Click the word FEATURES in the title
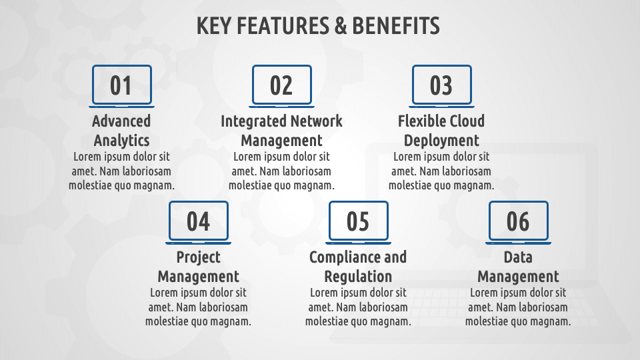click(x=283, y=26)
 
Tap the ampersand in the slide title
click(x=341, y=26)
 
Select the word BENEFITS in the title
click(x=396, y=26)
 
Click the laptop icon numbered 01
click(x=121, y=86)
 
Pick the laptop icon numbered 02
click(x=281, y=86)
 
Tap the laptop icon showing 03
click(x=441, y=86)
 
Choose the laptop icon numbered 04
click(x=199, y=223)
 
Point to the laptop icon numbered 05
click(x=359, y=223)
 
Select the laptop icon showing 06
click(x=519, y=223)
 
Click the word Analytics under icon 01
click(x=121, y=141)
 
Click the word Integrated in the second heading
click(x=253, y=121)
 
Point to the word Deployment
click(x=441, y=141)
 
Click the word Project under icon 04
click(x=199, y=258)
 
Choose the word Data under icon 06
click(x=519, y=257)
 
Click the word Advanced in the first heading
click(x=121, y=121)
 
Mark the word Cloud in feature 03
click(x=462, y=121)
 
